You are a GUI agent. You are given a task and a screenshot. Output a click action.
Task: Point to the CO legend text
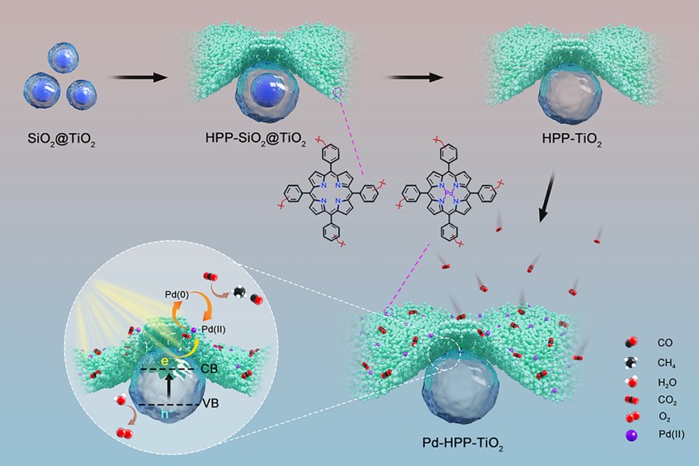(665, 343)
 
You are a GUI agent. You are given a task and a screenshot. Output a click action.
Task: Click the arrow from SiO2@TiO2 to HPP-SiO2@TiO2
(137, 77)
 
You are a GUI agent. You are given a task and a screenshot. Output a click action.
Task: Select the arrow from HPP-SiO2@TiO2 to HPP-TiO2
(416, 77)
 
